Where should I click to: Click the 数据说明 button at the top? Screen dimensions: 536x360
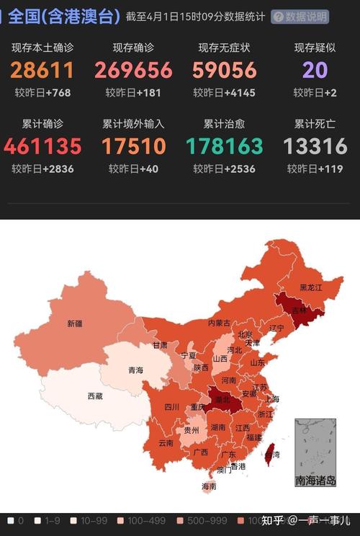(x=300, y=17)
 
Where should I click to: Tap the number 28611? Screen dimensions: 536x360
(x=42, y=70)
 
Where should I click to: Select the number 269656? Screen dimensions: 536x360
(x=133, y=70)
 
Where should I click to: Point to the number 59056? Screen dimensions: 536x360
(x=224, y=70)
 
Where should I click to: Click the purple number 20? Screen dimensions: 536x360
(x=315, y=70)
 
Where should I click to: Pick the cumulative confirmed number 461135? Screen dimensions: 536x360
(x=42, y=146)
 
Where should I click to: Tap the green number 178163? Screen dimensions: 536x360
(x=224, y=146)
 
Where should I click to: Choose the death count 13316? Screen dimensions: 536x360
(x=315, y=146)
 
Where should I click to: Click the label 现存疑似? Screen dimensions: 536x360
(x=315, y=48)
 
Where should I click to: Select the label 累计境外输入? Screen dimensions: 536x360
(x=133, y=124)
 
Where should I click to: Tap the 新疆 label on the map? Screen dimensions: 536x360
(x=75, y=323)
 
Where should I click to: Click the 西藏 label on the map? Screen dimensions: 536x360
(x=95, y=396)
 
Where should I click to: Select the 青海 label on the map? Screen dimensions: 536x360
(x=135, y=370)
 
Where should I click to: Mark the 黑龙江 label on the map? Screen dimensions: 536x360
(x=311, y=287)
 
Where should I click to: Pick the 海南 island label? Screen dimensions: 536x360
(x=209, y=486)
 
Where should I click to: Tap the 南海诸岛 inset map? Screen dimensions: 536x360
(x=315, y=453)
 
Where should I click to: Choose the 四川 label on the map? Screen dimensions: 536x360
(x=171, y=407)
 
